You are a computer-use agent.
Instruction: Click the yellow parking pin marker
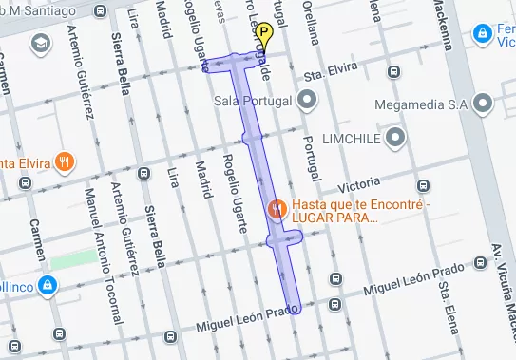click(264, 35)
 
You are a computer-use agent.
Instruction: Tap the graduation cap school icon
click(41, 44)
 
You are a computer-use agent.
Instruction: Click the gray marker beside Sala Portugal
click(307, 99)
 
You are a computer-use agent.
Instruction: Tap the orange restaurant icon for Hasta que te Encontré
click(277, 208)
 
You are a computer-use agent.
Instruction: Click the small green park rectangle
click(74, 258)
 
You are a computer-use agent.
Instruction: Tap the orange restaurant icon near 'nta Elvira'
click(64, 161)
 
